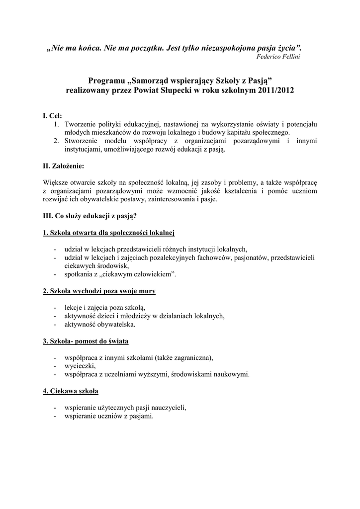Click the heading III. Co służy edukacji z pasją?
pyautogui.click(x=90, y=216)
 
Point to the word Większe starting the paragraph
pyautogui.click(x=57, y=182)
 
